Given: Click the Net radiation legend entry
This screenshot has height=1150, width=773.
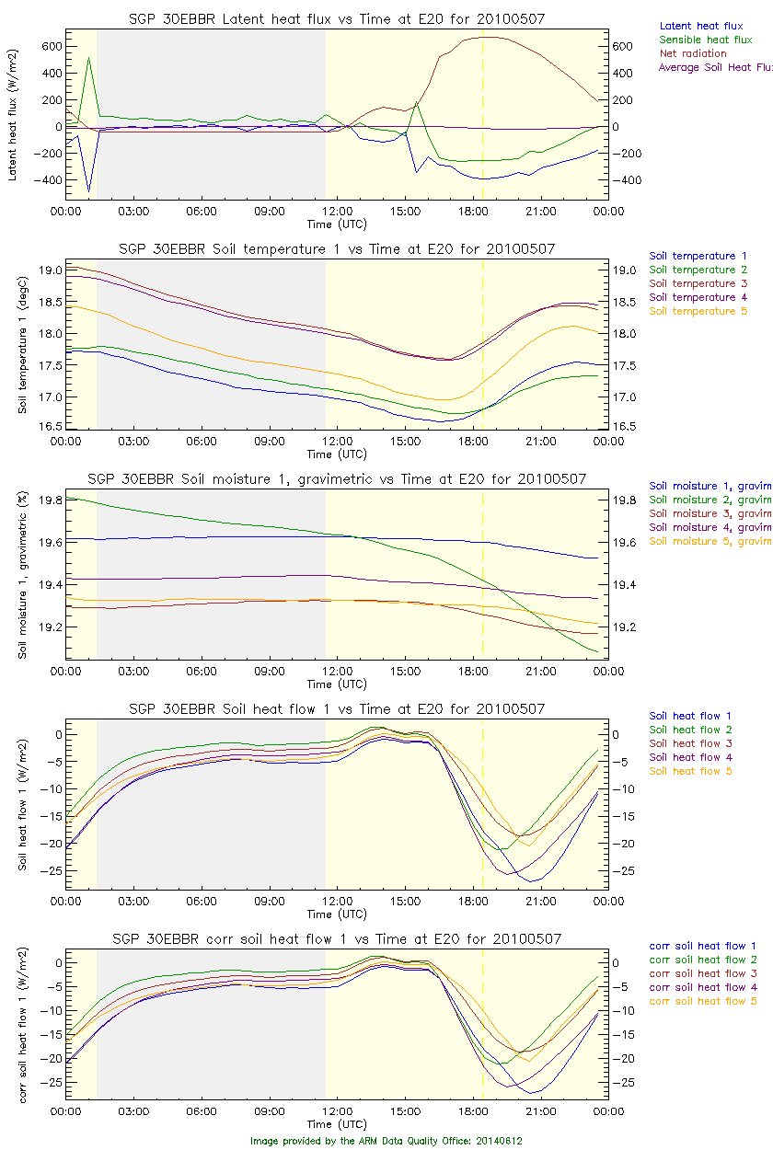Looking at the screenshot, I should tap(693, 53).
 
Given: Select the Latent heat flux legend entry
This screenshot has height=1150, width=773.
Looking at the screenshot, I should tap(701, 26).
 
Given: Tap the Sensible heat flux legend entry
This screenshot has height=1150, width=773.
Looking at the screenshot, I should tap(706, 40).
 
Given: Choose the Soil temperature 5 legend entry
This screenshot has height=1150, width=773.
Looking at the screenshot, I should tap(698, 311).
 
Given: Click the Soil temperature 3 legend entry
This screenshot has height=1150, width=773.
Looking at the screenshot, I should tap(698, 283).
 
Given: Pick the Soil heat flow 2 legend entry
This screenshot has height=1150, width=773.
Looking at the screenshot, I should tap(690, 730).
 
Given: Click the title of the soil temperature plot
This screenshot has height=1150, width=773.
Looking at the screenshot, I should tap(336, 249).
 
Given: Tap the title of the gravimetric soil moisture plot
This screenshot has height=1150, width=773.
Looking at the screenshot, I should tap(336, 479).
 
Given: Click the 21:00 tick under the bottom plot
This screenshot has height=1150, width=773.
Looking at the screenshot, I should tap(540, 1111).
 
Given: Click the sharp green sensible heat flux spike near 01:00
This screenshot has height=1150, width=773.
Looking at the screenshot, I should tap(88, 58).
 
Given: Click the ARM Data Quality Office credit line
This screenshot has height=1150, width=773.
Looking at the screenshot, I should tap(386, 1141).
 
